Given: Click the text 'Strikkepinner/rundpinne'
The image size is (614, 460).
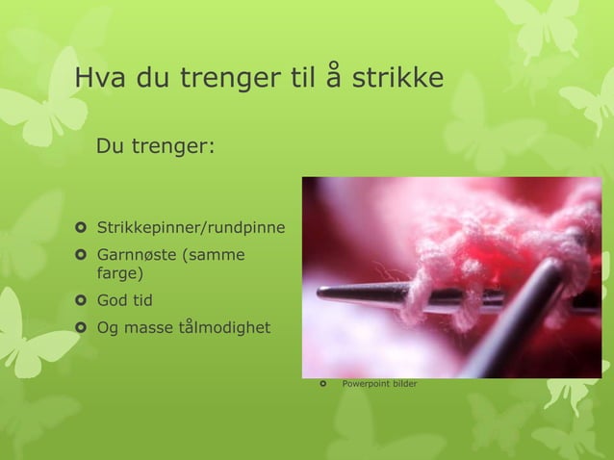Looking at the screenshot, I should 190,228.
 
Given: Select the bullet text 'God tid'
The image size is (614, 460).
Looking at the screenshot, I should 124,300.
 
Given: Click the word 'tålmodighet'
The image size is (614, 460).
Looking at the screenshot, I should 223,327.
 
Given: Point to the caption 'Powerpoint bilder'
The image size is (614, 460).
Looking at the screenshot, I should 380,385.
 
